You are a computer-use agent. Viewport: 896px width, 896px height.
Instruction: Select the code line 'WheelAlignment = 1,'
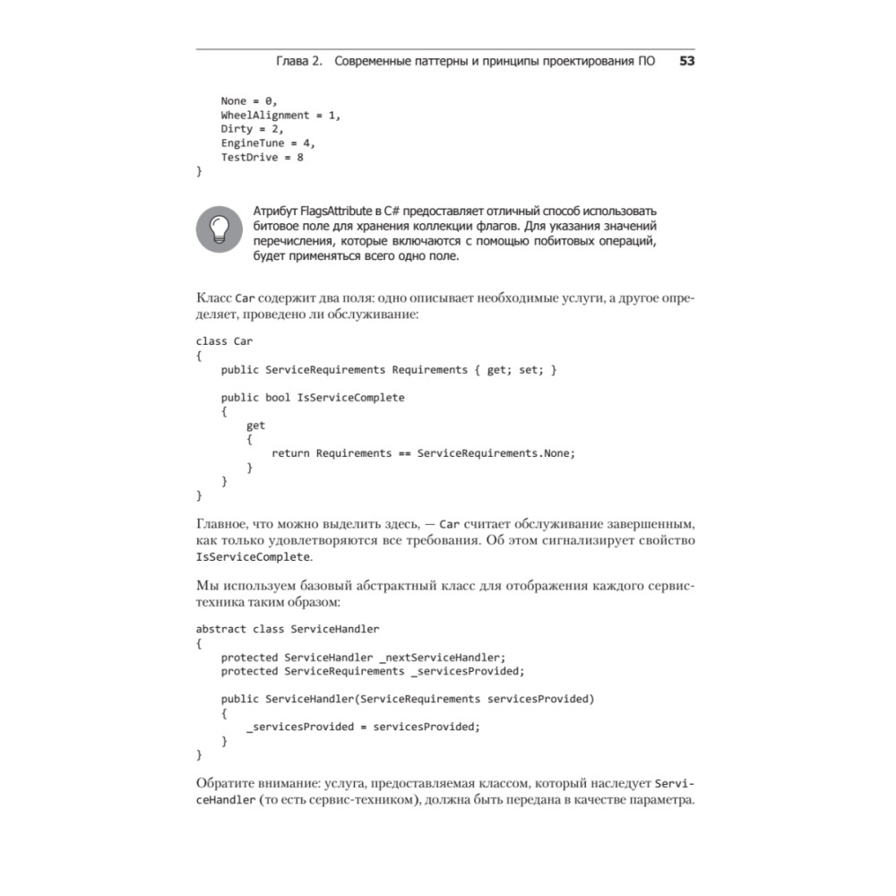point(281,115)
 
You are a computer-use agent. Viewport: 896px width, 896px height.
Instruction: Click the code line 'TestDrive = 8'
point(262,158)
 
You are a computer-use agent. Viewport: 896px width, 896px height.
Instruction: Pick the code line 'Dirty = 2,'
point(252,129)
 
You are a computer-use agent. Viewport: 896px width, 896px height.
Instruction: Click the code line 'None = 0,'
point(249,100)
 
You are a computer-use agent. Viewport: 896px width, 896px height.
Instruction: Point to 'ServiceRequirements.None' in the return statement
point(492,453)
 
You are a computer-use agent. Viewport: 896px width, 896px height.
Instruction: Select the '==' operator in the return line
point(404,453)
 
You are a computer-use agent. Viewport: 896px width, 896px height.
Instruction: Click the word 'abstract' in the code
point(220,628)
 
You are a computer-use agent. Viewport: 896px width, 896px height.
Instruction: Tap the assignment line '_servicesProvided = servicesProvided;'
point(363,727)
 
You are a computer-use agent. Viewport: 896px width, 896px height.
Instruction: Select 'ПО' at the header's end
point(645,62)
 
